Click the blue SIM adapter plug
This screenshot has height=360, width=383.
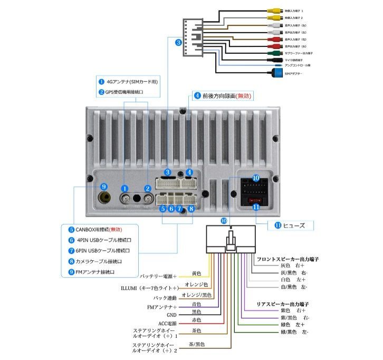(x=276, y=74)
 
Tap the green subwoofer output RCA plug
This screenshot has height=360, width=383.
(x=272, y=53)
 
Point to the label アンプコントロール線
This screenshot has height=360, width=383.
(x=298, y=65)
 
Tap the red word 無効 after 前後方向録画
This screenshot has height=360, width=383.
(x=244, y=96)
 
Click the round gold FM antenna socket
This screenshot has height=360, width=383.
(x=104, y=198)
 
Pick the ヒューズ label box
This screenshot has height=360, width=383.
(x=294, y=225)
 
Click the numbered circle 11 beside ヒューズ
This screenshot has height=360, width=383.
(x=278, y=225)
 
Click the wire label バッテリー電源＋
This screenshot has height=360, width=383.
(x=158, y=276)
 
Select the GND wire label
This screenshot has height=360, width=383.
(x=171, y=315)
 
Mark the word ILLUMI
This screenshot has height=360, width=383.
(x=129, y=288)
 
